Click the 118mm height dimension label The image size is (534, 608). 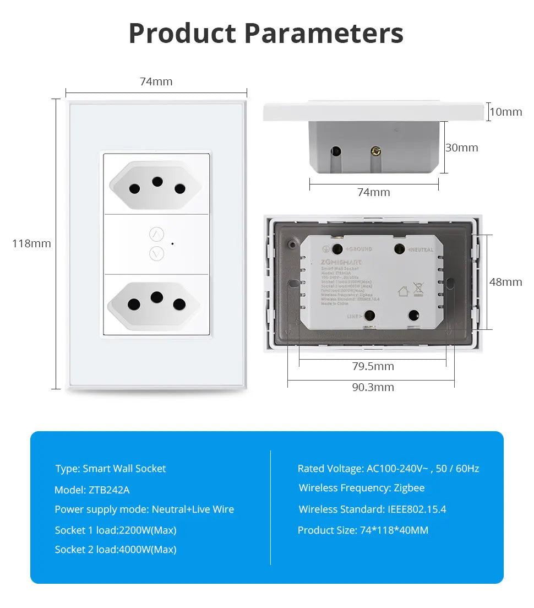(31, 243)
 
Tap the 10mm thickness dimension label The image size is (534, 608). (505, 112)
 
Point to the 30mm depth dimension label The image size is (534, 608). (461, 148)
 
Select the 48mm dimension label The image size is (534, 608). (505, 282)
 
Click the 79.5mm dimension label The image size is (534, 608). (373, 366)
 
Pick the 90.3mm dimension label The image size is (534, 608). (373, 387)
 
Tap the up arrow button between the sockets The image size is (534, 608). (157, 235)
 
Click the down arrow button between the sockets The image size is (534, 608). (157, 253)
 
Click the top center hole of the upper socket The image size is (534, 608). (157, 181)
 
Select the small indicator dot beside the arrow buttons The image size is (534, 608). (172, 243)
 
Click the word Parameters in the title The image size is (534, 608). (324, 33)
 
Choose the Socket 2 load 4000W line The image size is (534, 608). (116, 549)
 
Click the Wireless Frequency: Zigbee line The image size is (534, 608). (361, 488)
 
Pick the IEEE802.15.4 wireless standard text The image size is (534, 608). (417, 509)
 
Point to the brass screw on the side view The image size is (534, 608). (377, 150)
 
